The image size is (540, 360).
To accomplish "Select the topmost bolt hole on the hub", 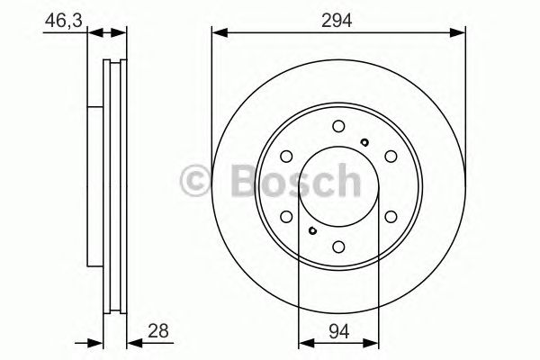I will point(338,127).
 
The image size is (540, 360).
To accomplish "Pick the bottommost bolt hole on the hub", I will point(338,247).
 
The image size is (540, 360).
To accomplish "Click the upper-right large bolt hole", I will point(391,157).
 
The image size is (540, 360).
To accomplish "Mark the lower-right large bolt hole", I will point(391,217).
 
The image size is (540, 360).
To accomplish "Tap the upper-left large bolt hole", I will point(286,157).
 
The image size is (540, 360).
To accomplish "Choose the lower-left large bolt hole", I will point(286,217).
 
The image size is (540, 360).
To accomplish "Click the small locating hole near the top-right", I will point(364,141).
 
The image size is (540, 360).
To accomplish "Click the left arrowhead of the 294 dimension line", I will point(217,34).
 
